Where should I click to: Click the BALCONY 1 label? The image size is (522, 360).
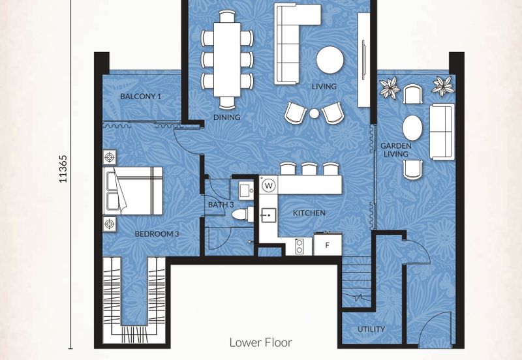pos(140,97)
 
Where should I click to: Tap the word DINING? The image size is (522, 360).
pos(226,117)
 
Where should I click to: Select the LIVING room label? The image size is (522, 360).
pos(324,87)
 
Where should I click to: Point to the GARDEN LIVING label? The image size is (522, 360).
pos(396,150)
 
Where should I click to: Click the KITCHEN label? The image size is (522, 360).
pos(309,213)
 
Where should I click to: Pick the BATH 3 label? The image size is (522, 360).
pos(221,205)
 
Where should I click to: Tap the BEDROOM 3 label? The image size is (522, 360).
pos(157,234)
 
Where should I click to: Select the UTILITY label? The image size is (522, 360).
pos(371,329)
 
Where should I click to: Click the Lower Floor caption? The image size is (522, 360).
pos(260,342)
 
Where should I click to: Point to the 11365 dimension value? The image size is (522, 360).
pos(63,169)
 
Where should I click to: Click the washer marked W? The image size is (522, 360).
pos(269,186)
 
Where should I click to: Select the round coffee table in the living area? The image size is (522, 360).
pos(330,59)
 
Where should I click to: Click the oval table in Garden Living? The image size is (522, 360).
pos(412,128)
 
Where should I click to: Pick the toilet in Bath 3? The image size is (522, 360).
pos(242,214)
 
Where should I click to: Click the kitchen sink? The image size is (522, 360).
pos(268,216)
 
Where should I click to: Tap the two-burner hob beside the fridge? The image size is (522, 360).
pos(299,247)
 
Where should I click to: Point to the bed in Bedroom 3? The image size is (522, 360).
pos(133,190)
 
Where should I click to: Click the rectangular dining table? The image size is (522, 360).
pos(227,59)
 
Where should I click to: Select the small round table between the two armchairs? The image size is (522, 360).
pos(314,113)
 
